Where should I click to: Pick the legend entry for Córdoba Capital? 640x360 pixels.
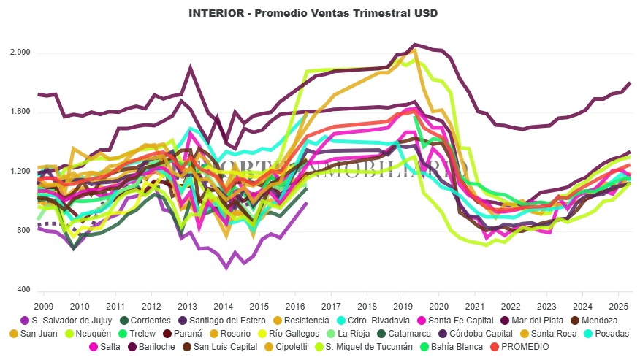pos(484,333)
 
